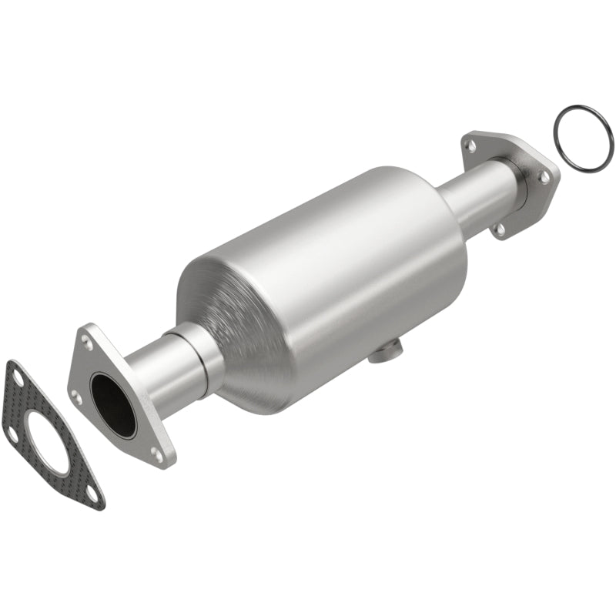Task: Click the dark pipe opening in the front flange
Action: click(112, 404)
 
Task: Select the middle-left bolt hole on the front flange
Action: click(76, 397)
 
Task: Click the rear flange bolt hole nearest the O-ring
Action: click(544, 176)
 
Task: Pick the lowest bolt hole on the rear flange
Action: click(500, 228)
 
